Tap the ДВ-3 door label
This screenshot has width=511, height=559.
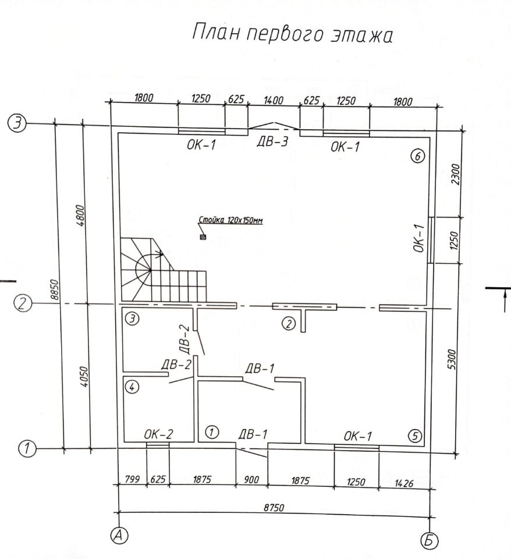[272, 143]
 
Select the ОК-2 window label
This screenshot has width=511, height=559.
[158, 434]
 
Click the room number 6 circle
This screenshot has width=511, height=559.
[418, 155]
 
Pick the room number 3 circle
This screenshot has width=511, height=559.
[133, 319]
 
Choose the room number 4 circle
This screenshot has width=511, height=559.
[133, 387]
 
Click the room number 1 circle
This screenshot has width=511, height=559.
[212, 432]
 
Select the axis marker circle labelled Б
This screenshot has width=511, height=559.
[430, 541]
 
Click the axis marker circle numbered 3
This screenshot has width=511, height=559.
[18, 123]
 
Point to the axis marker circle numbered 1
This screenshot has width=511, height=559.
[26, 448]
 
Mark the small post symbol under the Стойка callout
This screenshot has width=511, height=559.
[203, 237]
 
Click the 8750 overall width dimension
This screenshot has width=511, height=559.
[273, 508]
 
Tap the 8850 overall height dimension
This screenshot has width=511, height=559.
[55, 288]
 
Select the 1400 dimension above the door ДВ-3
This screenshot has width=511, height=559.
[273, 101]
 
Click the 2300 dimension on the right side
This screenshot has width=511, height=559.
[456, 173]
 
